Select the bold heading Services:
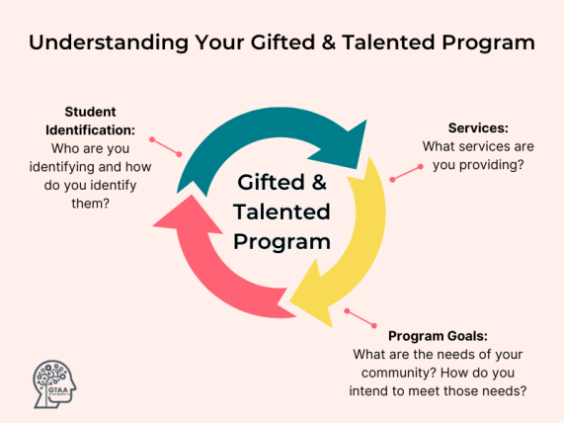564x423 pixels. [478, 128]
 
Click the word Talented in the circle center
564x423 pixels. [282, 211]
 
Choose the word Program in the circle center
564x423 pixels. [282, 240]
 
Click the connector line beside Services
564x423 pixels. [406, 173]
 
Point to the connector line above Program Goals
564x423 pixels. [361, 318]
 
